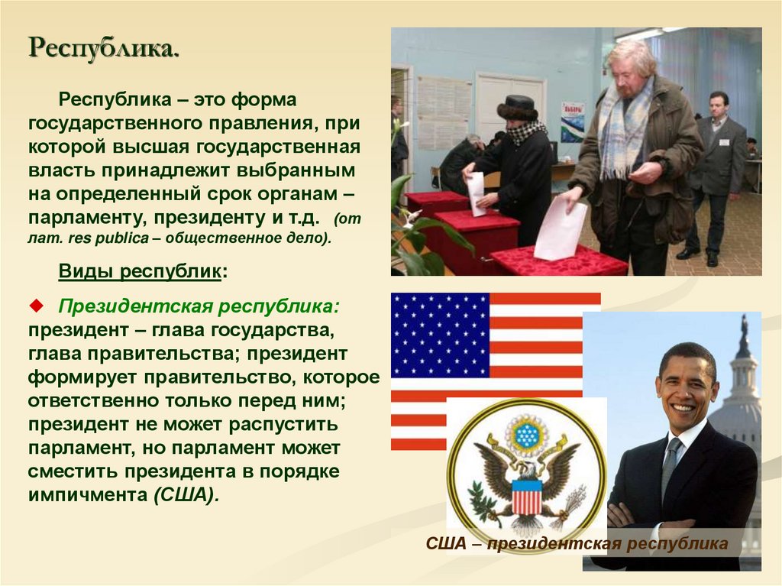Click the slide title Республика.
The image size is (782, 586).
pyautogui.click(x=105, y=50)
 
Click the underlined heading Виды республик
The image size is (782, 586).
pyautogui.click(x=142, y=271)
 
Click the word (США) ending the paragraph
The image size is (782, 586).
pyautogui.click(x=186, y=494)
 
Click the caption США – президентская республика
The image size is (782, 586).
pyautogui.click(x=577, y=545)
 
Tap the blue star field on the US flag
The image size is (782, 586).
pyautogui.click(x=440, y=335)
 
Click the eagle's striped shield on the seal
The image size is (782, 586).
pyautogui.click(x=526, y=496)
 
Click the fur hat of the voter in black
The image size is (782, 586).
pyautogui.click(x=520, y=107)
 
